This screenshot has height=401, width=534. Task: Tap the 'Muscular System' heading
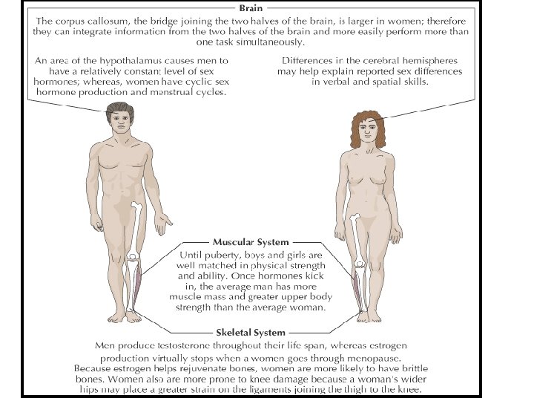250,242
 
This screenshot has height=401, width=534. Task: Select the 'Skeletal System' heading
250,331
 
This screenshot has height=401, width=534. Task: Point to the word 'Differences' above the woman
309,60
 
